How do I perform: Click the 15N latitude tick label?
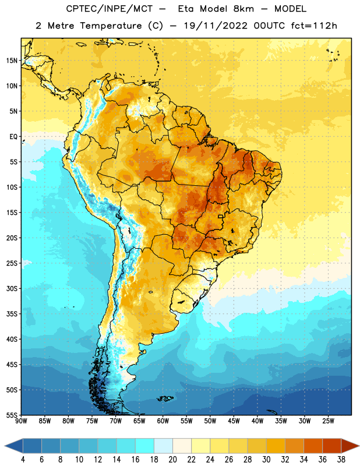click(x=12, y=61)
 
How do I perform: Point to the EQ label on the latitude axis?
click(x=13, y=137)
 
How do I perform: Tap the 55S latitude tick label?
click(x=12, y=415)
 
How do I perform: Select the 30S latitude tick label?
click(x=12, y=288)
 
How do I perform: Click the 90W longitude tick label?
click(x=21, y=421)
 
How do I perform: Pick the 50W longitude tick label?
click(x=210, y=421)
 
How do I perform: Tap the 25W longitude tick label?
click(x=328, y=421)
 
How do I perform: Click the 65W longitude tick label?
click(x=139, y=421)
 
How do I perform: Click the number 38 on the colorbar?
click(x=341, y=460)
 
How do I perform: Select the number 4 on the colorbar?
click(x=23, y=460)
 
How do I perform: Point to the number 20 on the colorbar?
click(x=172, y=460)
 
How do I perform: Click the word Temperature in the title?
click(x=111, y=26)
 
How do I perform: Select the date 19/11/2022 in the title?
click(x=216, y=26)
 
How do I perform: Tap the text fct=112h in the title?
click(x=314, y=26)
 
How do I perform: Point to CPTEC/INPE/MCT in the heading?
click(x=110, y=9)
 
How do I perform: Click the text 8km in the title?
click(x=243, y=9)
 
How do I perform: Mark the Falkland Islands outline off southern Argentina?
click(x=165, y=398)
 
